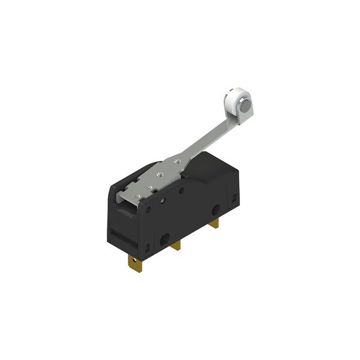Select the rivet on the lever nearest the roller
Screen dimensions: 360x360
click(177, 161)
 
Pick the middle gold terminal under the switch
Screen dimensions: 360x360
click(176, 245)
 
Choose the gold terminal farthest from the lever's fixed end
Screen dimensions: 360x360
click(215, 223)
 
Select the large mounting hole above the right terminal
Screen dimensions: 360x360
click(215, 209)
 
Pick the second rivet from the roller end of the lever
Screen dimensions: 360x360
click(160, 174)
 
